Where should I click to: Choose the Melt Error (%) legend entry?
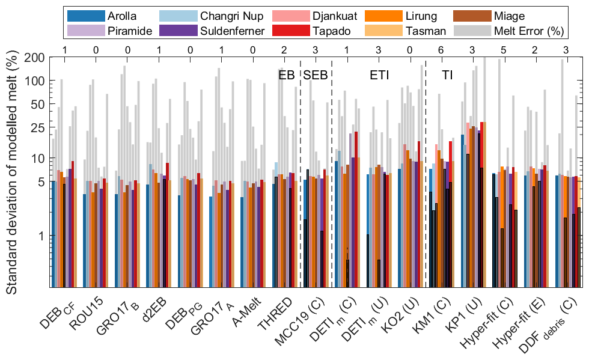pos(520,31)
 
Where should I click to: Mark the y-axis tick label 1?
pos(41,236)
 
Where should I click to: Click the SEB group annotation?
pos(315,75)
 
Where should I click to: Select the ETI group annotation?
pos(379,75)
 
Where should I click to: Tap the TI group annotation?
pos(448,75)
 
